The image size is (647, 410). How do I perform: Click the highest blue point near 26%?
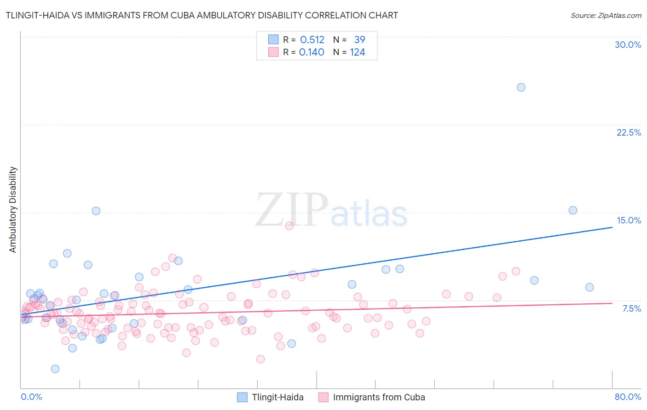point(521,87)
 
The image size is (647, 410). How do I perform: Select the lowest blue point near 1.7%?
point(55,369)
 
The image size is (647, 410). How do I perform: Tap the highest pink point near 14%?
point(289,226)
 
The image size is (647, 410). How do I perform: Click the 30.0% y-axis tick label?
point(628,45)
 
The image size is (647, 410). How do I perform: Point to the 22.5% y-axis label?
point(629,132)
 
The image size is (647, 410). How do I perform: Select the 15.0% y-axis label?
point(629,220)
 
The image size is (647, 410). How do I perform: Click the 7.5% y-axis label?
point(631,308)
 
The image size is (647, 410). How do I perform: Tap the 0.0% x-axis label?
point(31,397)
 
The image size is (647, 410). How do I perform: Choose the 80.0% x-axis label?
point(628,397)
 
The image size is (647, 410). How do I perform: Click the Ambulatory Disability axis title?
point(13,209)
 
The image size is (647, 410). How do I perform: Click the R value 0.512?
point(312,40)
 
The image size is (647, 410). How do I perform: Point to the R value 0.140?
point(312,52)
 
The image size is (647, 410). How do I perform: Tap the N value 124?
point(357,52)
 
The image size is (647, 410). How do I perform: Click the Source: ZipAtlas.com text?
point(606,16)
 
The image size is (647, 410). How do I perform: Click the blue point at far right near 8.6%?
point(589,287)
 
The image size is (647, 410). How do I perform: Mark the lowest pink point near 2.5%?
point(260,359)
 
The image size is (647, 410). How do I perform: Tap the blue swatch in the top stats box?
point(273,40)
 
